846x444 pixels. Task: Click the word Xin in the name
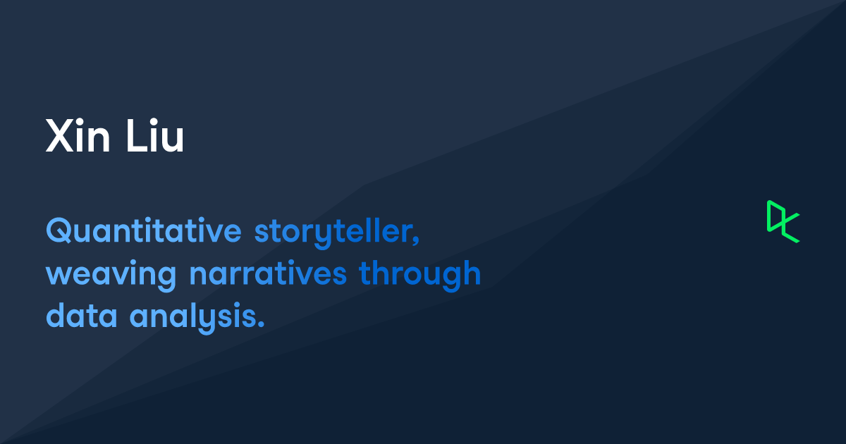(x=78, y=135)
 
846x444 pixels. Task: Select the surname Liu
(x=155, y=135)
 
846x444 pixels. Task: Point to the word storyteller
(x=334, y=233)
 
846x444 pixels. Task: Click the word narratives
(x=268, y=273)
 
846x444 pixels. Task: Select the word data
(x=82, y=314)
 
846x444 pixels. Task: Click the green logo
(x=783, y=221)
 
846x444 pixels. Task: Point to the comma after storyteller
(x=416, y=240)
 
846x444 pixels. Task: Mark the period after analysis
(x=261, y=323)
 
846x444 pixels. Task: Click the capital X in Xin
(x=60, y=135)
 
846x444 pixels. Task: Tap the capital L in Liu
(x=136, y=135)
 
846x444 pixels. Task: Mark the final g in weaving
(x=166, y=279)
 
